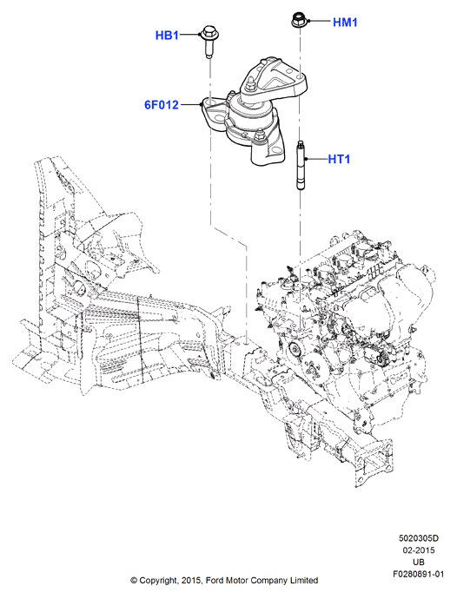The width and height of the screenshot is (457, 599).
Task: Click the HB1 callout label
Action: point(167,36)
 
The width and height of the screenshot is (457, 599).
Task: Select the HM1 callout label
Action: point(345,23)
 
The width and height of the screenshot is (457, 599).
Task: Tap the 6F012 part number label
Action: point(162,105)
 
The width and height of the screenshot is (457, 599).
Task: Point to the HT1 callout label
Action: point(339,159)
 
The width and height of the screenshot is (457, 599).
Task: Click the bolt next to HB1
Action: point(209,41)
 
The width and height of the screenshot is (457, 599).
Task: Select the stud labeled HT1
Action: point(301,164)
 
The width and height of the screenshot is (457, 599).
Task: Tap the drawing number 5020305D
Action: point(419,538)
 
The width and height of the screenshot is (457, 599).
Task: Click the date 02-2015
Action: point(419,550)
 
